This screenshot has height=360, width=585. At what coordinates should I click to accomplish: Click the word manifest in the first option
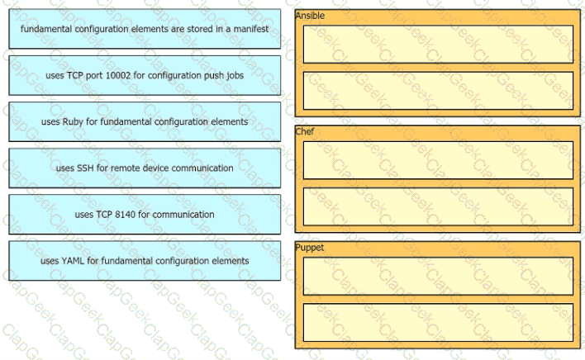tap(250, 29)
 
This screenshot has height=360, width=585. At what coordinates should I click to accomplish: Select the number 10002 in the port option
tap(118, 75)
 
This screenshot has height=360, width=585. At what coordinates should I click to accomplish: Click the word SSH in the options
tap(85, 168)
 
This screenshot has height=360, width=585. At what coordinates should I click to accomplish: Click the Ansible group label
tap(310, 16)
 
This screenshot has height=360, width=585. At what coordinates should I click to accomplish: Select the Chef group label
tap(305, 131)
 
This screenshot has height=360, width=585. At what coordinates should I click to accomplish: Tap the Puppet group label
tap(310, 248)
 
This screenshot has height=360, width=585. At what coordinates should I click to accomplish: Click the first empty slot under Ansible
tap(438, 44)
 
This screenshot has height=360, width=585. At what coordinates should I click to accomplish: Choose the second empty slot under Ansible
tap(438, 91)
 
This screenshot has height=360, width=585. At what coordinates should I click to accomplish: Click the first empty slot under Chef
tap(438, 160)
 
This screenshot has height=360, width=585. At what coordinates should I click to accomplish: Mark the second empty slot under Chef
tap(438, 206)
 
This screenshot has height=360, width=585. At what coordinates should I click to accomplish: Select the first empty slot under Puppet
tap(438, 276)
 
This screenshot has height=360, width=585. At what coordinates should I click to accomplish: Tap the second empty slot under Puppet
tap(438, 322)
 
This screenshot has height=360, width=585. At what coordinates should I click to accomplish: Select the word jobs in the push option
tap(235, 76)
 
